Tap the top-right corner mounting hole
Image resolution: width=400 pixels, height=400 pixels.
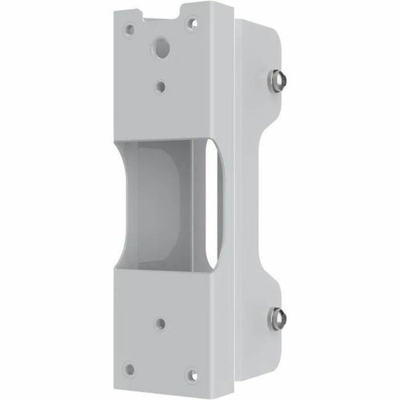click(x=192, y=22)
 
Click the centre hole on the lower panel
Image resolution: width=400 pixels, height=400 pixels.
click(x=161, y=324)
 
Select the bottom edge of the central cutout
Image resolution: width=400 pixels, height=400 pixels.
click(x=164, y=266)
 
